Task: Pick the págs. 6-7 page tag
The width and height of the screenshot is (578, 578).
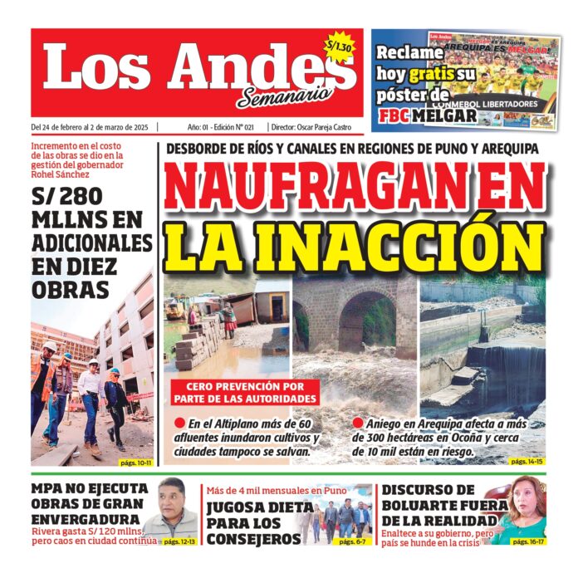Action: click(x=354, y=541)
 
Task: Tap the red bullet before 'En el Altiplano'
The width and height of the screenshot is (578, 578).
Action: click(x=179, y=423)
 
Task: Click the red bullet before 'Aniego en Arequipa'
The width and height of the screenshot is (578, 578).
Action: click(x=358, y=423)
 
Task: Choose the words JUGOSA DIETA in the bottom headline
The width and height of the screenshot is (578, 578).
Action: click(x=247, y=507)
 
